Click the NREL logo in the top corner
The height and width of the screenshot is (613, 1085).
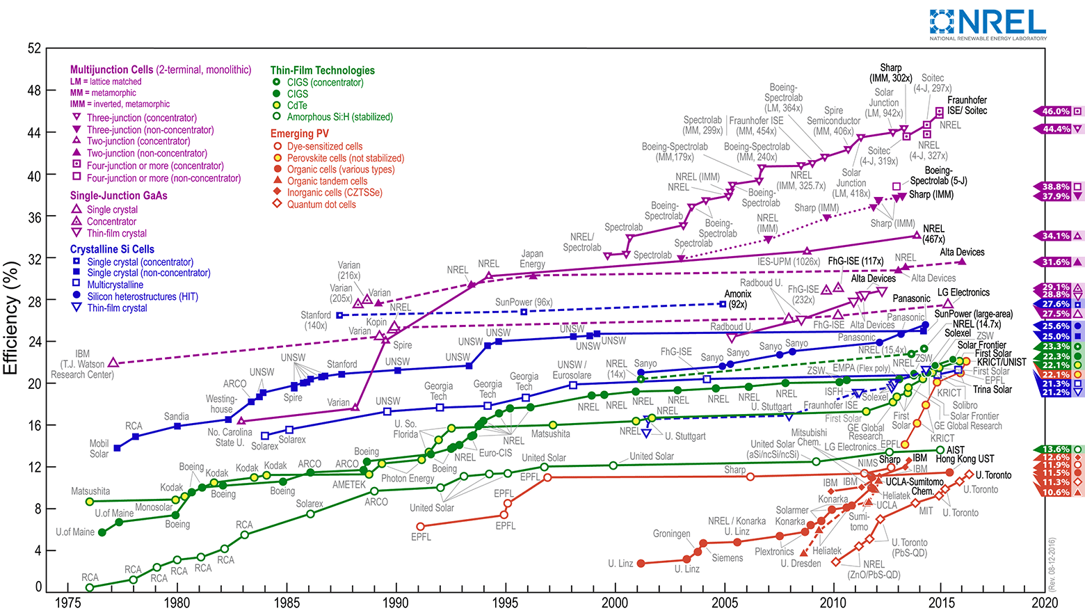pos(988,24)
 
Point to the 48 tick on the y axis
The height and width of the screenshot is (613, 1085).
pos(34,90)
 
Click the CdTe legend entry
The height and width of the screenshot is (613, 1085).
pos(297,105)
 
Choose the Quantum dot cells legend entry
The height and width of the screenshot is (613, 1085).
pos(321,205)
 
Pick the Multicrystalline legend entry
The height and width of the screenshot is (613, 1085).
pos(115,285)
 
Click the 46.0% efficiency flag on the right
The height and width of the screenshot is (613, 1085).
pos(1056,111)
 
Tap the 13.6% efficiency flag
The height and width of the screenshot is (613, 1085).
pos(1056,449)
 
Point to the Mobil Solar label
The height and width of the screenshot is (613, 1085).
pos(99,449)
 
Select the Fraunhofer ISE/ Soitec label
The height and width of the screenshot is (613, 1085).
pos(967,105)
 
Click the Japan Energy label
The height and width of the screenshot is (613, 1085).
pos(532,259)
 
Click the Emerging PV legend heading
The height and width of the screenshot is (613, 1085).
pos(300,134)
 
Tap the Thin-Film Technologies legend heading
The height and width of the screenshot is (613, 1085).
pos(322,70)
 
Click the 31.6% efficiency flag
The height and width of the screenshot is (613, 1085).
pos(1056,262)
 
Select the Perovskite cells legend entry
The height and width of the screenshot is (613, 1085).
pos(346,158)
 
